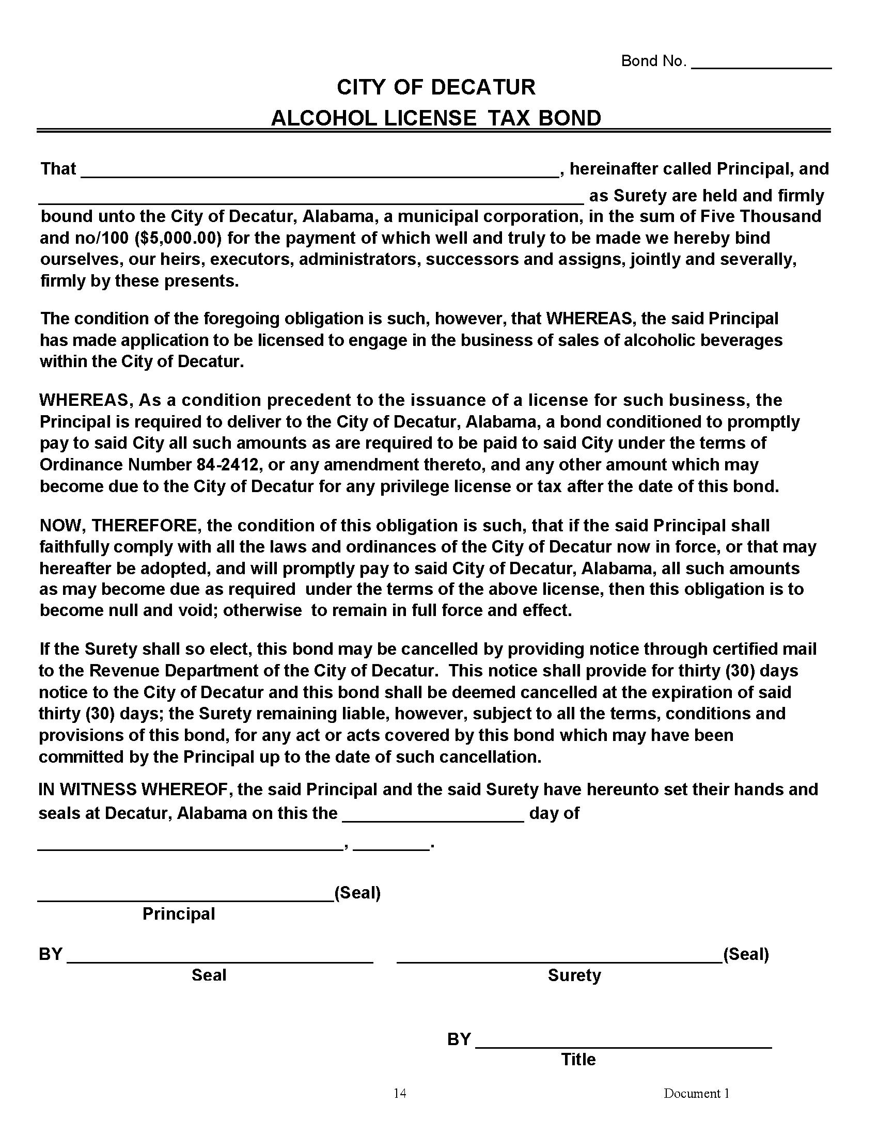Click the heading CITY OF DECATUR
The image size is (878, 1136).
pyautogui.click(x=436, y=87)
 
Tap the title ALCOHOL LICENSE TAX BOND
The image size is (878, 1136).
pyautogui.click(x=436, y=119)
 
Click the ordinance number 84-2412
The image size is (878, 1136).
pyautogui.click(x=228, y=465)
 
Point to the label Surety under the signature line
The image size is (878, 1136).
pyautogui.click(x=574, y=975)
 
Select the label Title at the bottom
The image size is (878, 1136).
pyautogui.click(x=578, y=1060)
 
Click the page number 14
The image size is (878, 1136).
pyautogui.click(x=399, y=1093)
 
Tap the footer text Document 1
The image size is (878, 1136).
pyautogui.click(x=696, y=1093)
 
